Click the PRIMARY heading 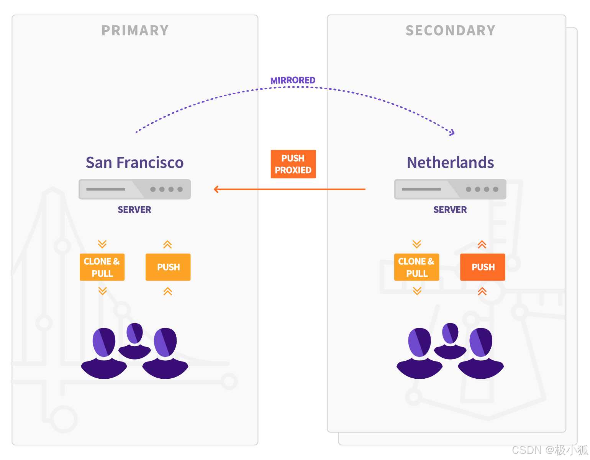[135, 30]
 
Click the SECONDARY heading [450, 30]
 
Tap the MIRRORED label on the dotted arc [293, 80]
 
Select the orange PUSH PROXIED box [293, 164]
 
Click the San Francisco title [134, 163]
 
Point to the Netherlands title [450, 163]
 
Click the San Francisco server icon [134, 189]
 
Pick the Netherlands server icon [450, 189]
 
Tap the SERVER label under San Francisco [134, 210]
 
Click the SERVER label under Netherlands [450, 210]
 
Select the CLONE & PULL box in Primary [102, 267]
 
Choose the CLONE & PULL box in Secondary [416, 267]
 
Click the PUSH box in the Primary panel [168, 267]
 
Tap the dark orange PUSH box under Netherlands [482, 267]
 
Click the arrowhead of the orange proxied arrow [216, 189]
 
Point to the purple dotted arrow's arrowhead [452, 133]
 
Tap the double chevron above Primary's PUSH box [167, 244]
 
